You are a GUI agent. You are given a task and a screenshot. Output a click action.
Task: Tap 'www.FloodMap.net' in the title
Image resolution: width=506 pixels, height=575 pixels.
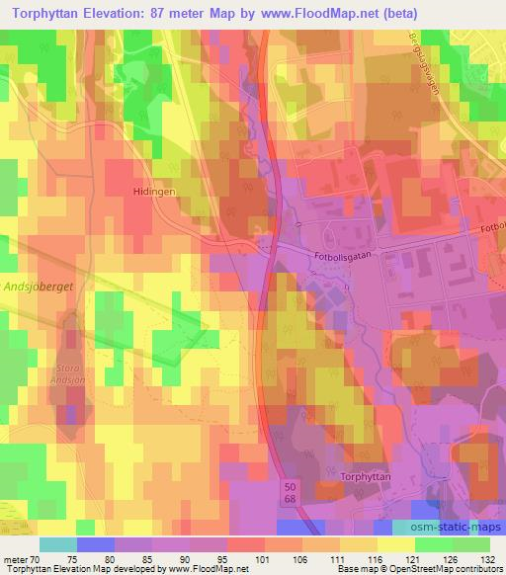(x=302, y=13)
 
